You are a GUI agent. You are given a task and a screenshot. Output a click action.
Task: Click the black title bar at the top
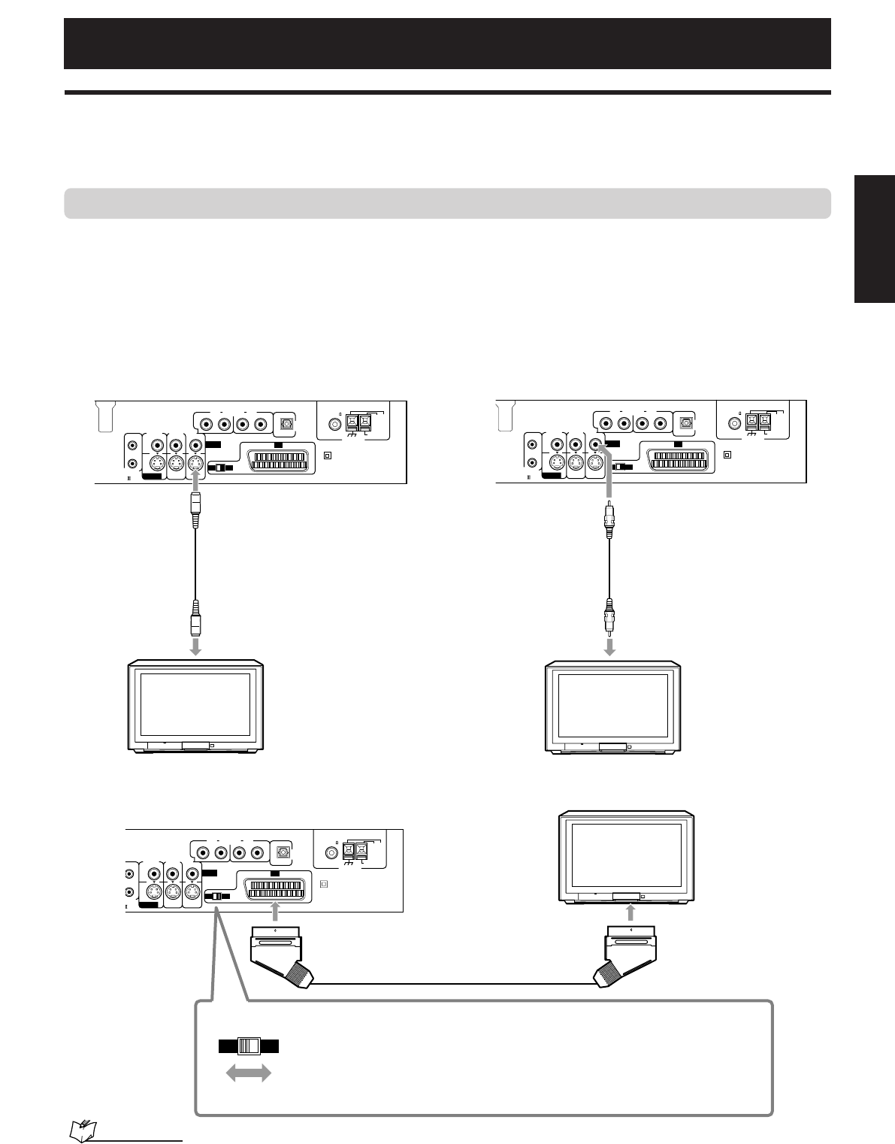pos(447,43)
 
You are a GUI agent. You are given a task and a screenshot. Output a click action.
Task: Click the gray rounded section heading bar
pos(447,203)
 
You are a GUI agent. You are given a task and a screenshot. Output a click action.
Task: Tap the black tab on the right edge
pos(874,239)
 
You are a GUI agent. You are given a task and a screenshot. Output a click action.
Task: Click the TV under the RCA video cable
pos(613,706)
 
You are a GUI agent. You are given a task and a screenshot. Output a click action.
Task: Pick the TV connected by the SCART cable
pos(630,856)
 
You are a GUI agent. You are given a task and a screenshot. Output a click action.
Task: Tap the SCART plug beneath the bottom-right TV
pos(630,954)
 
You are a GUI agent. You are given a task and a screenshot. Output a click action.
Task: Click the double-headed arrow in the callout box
pos(249,1075)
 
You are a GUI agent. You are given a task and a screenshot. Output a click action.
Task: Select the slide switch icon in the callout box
pos(248,1046)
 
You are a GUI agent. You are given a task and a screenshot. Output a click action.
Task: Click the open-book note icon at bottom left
pos(80,1130)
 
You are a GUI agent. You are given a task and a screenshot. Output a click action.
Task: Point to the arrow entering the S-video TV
pos(195,646)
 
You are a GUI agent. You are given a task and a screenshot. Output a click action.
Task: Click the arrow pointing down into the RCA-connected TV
pos(611,646)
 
